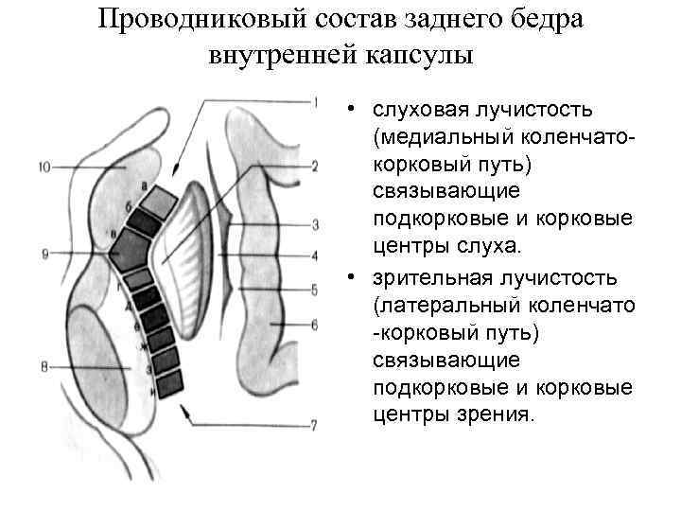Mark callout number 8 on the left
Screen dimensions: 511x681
(x=44, y=366)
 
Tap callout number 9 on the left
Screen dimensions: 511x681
(x=44, y=254)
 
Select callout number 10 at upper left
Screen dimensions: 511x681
(x=45, y=168)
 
